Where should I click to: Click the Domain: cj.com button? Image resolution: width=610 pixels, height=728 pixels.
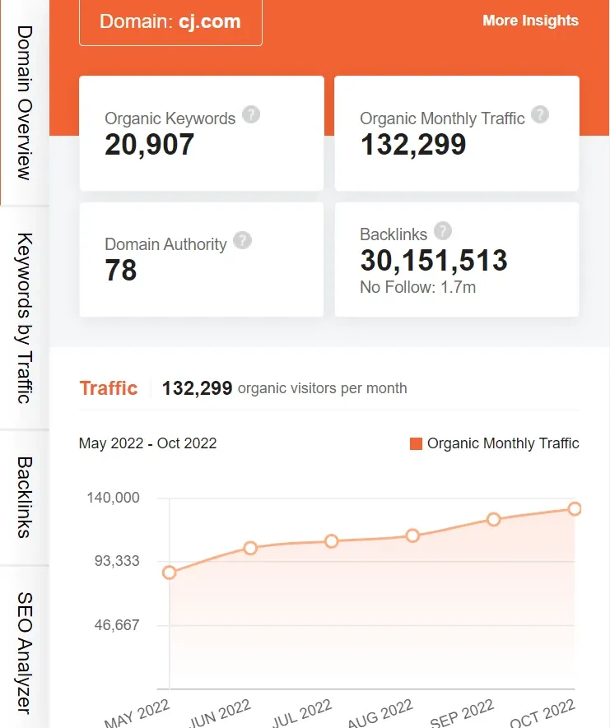tap(170, 21)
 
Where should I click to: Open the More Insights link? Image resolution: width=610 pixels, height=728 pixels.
tap(530, 21)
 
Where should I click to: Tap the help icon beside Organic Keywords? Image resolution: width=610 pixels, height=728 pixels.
tap(251, 114)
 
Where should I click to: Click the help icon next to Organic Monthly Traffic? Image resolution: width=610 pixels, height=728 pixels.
tap(540, 114)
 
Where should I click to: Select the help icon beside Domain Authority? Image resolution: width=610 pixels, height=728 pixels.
tap(242, 240)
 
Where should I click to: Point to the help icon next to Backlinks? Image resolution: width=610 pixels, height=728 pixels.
tap(443, 231)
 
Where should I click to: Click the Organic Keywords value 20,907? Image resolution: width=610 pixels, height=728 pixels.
tap(150, 145)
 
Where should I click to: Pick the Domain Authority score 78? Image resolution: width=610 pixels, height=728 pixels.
tap(121, 271)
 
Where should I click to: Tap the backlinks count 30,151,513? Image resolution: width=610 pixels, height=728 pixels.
tap(434, 261)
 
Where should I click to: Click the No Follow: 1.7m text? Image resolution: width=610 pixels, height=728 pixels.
tap(418, 288)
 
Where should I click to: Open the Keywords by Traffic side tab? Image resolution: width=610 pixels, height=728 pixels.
tap(24, 318)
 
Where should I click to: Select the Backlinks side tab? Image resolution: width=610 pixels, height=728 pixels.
tap(24, 497)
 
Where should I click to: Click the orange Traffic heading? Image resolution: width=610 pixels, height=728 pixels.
tap(108, 388)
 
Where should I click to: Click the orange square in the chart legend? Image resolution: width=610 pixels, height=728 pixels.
tap(416, 444)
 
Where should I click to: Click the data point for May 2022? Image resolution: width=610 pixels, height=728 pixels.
tap(170, 573)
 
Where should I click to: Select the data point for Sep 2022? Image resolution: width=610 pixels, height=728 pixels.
tap(494, 519)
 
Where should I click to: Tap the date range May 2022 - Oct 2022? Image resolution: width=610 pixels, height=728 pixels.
tap(147, 443)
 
